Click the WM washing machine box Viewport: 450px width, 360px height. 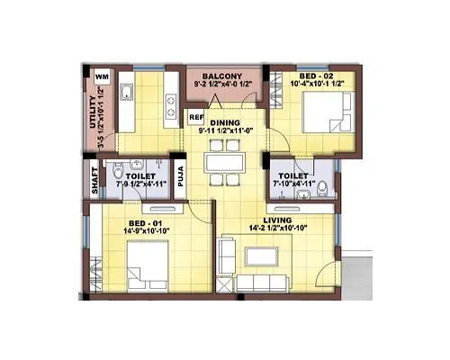coord(102,77)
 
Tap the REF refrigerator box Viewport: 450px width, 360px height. coord(195,116)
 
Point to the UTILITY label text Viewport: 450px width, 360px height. coord(93,113)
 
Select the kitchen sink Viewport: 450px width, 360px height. coord(127,92)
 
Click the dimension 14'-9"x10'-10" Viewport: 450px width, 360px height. coord(148,230)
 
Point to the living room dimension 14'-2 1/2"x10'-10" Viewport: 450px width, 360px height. coord(277,229)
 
